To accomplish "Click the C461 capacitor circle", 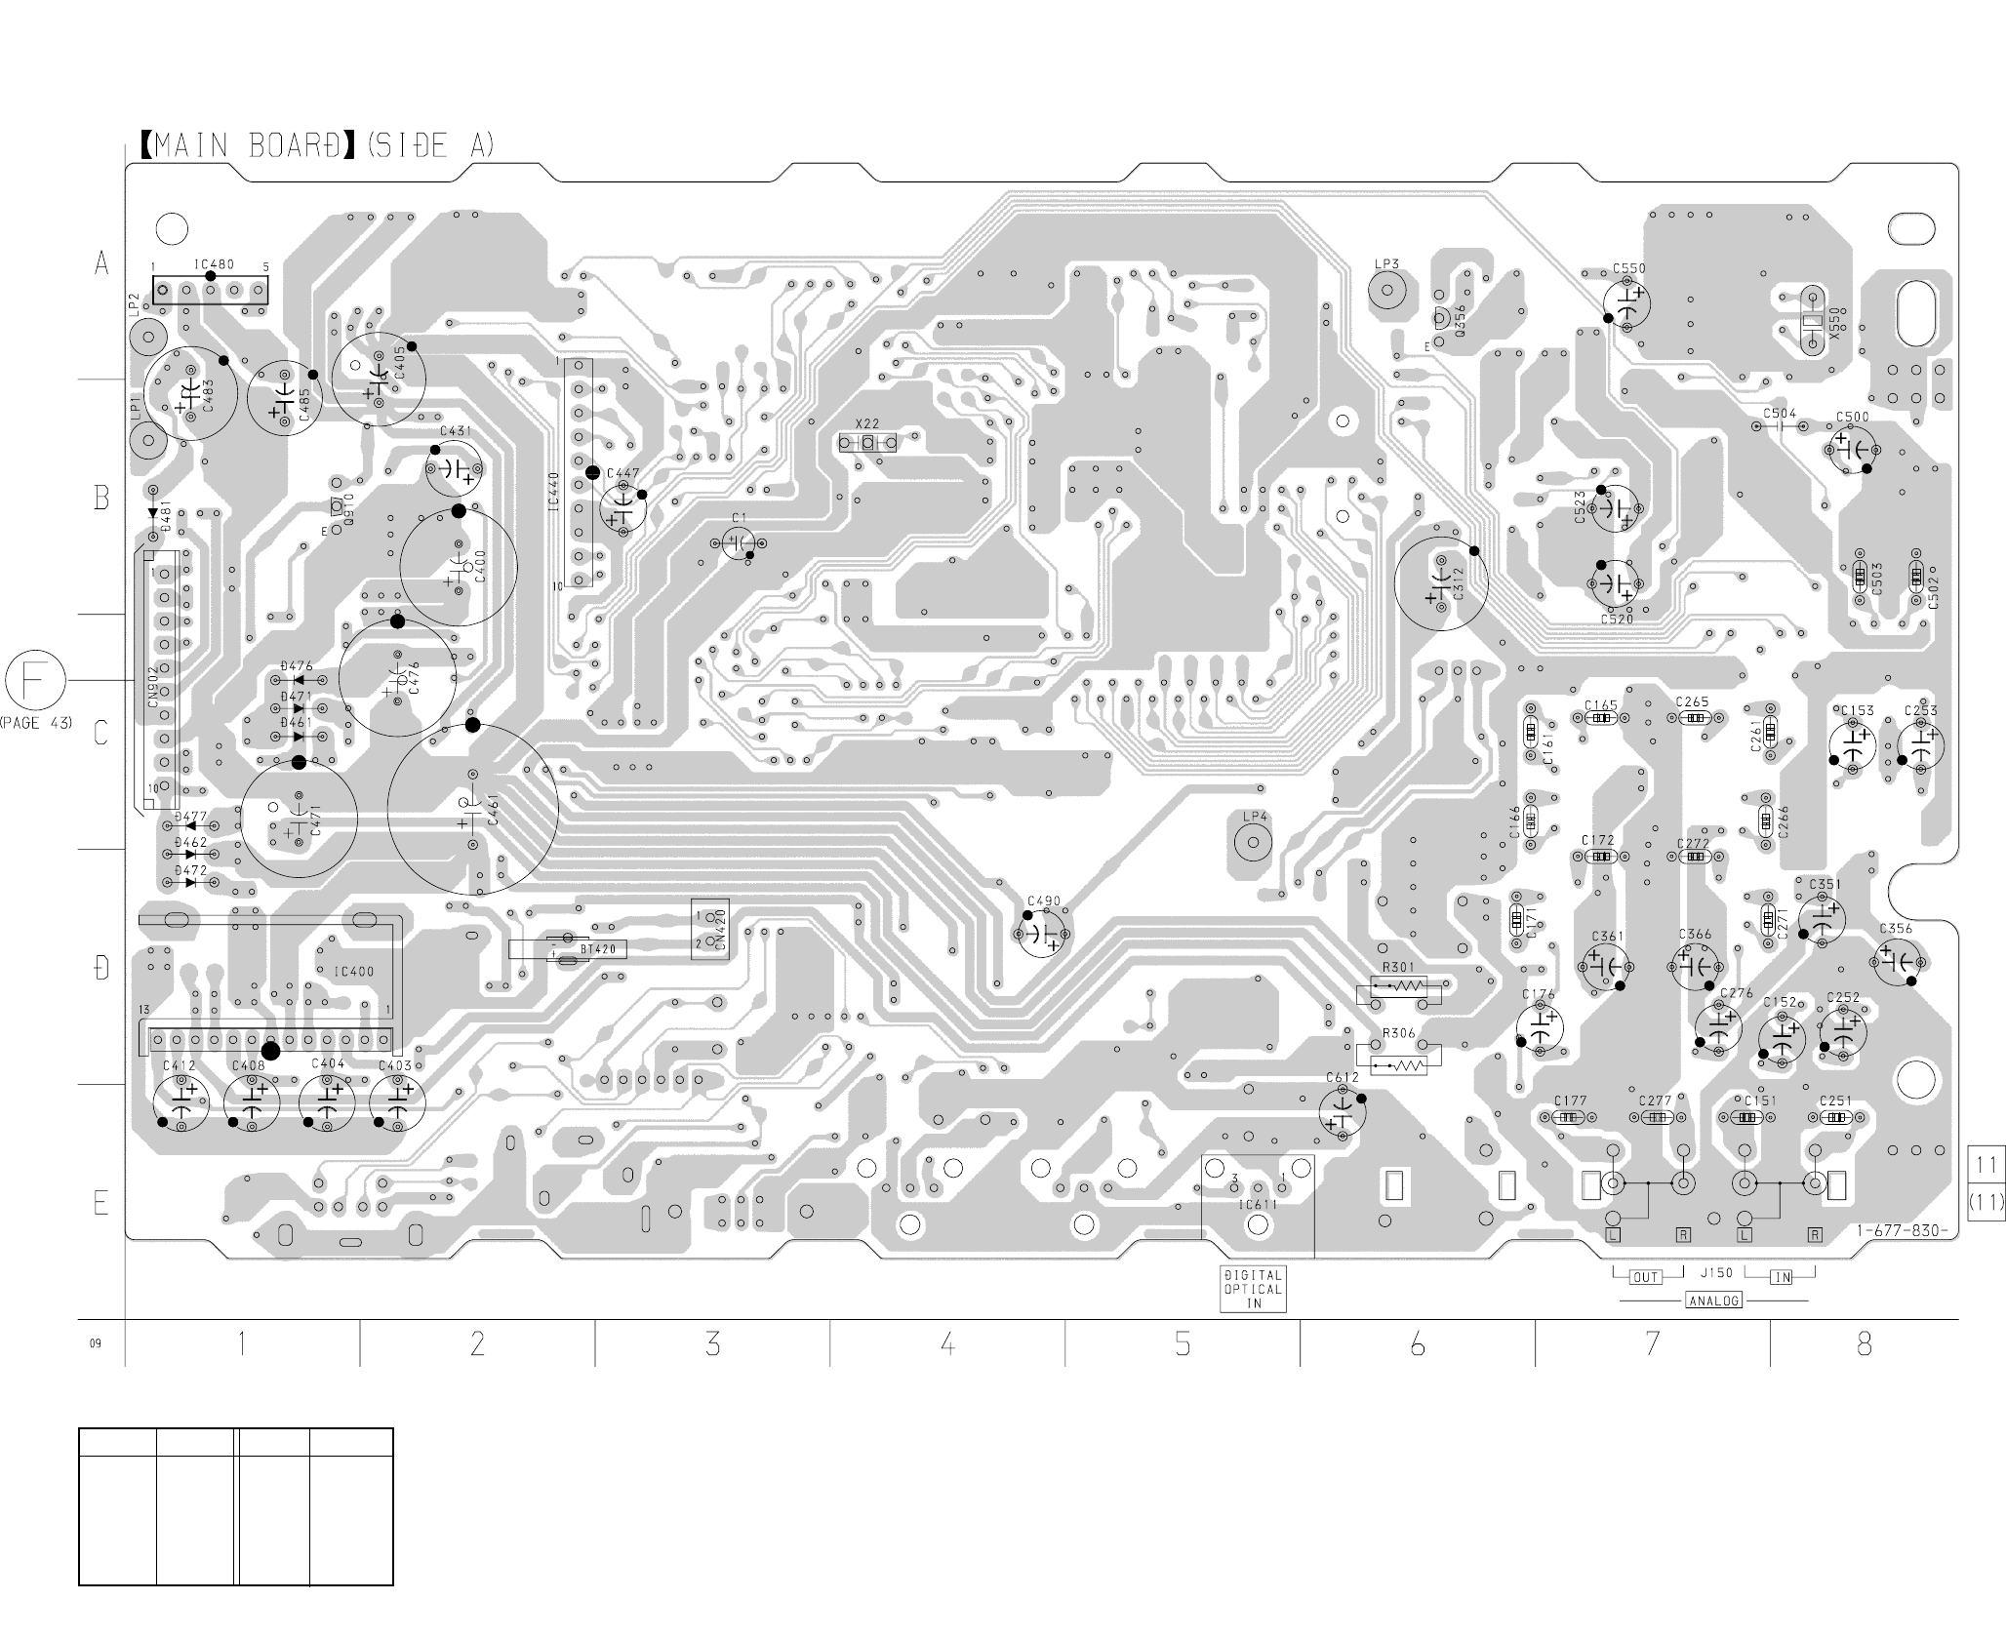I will [472, 810].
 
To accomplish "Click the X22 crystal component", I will [866, 444].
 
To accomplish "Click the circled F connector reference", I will [36, 681].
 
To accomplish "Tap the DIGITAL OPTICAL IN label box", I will [1254, 1289].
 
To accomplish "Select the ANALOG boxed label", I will [1713, 1301].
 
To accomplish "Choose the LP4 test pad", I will [1253, 843].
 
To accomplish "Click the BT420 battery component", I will [568, 948].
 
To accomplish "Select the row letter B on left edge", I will [101, 498].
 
